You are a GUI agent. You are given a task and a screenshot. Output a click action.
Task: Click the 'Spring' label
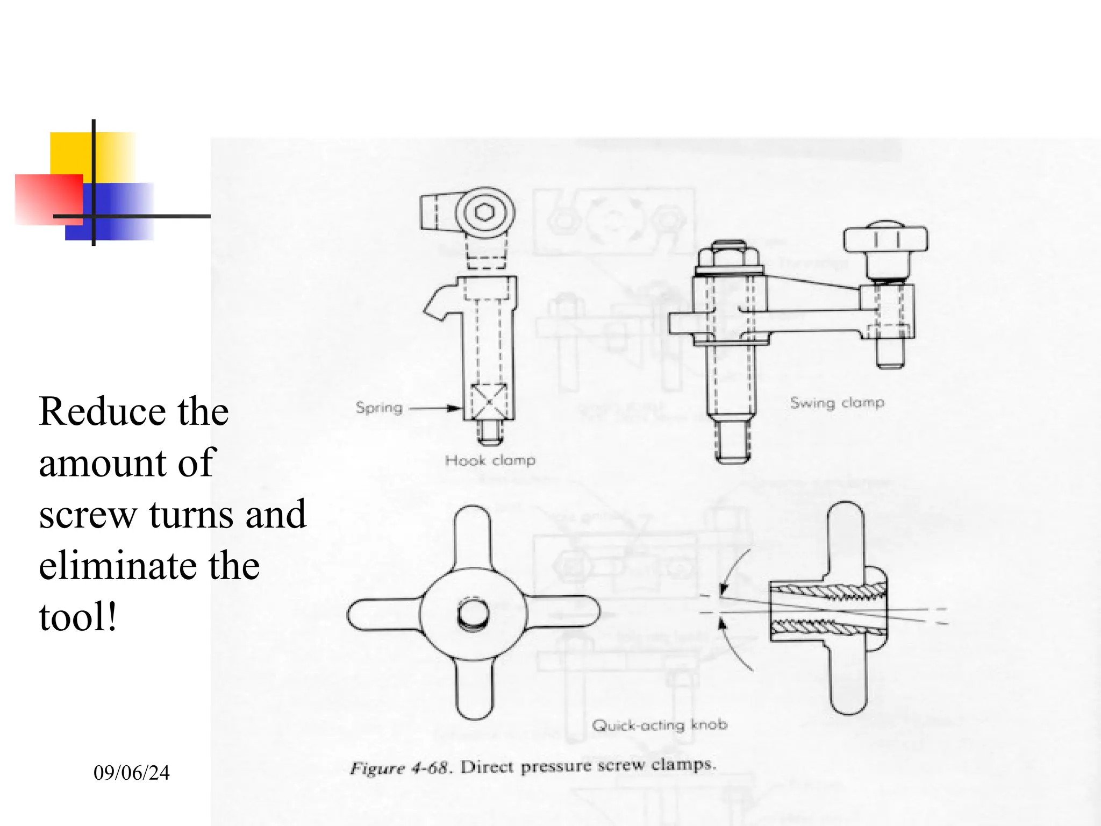[x=379, y=408]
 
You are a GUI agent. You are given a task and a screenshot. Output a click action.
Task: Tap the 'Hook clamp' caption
[x=490, y=460]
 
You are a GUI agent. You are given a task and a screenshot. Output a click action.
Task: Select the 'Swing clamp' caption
[x=837, y=403]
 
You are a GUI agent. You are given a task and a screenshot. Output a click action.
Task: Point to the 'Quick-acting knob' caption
[x=659, y=725]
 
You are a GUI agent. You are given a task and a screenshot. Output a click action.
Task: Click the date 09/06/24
[x=131, y=773]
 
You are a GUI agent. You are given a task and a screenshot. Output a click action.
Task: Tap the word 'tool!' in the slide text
[x=78, y=617]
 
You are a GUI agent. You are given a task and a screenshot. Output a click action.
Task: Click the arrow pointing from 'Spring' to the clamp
[x=435, y=408]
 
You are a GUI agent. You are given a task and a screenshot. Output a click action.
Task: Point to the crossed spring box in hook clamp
[x=489, y=401]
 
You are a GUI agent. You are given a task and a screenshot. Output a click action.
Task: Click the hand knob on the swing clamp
[x=885, y=240]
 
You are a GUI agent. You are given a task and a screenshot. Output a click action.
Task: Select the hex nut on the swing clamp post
[x=728, y=256]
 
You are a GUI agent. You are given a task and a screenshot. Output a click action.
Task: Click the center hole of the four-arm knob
[x=473, y=615]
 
